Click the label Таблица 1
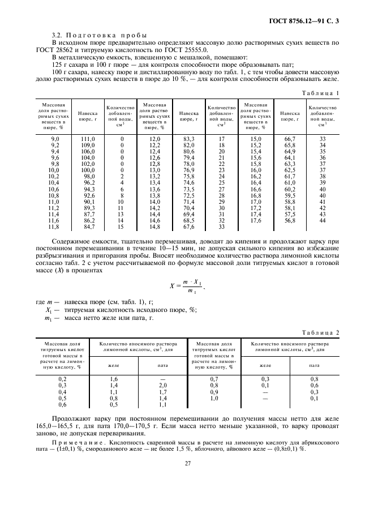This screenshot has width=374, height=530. pos(321,92)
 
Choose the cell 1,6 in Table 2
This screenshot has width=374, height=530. pos(113,378)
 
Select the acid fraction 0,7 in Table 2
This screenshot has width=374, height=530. pos(214,378)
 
